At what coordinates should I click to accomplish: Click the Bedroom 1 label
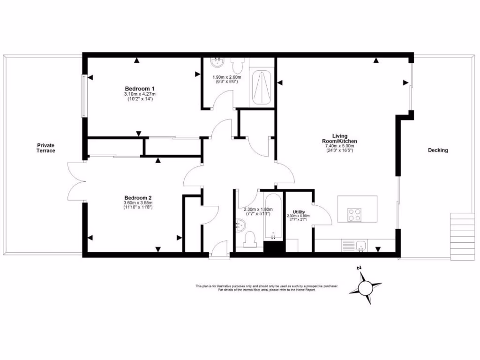[x=140, y=89]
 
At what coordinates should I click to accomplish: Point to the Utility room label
[x=299, y=212]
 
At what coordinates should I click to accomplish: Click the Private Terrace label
[x=46, y=148]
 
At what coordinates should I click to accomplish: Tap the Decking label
[x=437, y=150]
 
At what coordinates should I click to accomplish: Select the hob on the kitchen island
[x=355, y=214]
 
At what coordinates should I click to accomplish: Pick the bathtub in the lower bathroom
[x=272, y=217]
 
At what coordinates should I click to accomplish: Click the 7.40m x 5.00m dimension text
[x=339, y=146]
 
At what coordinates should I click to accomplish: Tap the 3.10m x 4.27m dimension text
[x=140, y=94]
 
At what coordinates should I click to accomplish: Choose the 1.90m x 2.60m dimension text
[x=226, y=77]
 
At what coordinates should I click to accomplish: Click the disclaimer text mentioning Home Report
[x=267, y=290]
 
